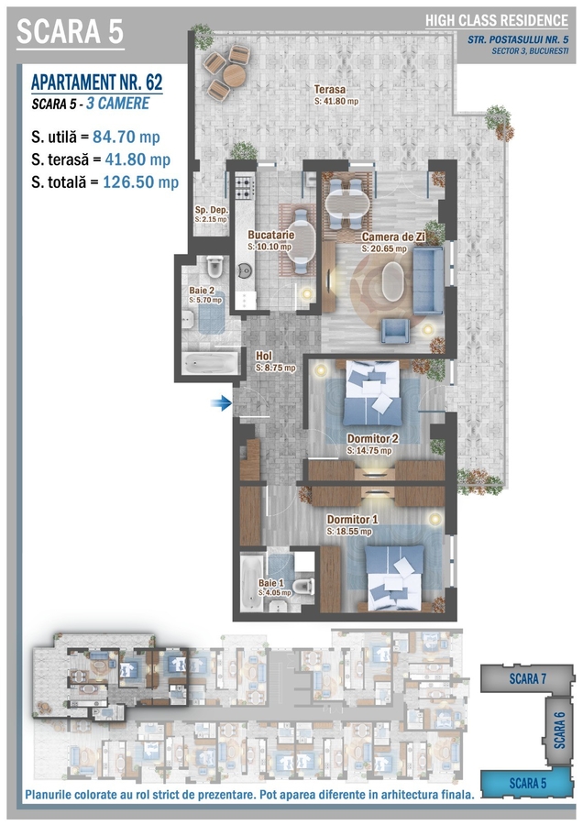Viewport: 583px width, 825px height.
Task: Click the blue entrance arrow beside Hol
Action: coord(221,403)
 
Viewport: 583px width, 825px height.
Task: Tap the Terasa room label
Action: coord(330,90)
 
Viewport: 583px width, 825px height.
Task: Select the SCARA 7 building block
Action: coord(527,678)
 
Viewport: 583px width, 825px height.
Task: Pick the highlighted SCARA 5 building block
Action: coord(527,783)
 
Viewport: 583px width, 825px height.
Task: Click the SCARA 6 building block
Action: coord(559,731)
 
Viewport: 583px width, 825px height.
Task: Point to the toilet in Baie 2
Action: coord(214,267)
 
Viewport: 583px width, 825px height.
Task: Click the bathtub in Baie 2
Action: coord(209,363)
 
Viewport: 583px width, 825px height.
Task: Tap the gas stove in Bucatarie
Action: coord(244,187)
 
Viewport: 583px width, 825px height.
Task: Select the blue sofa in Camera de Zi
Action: coord(428,280)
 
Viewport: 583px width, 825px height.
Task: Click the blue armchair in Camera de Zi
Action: coord(395,331)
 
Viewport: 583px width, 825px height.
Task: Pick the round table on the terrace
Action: coord(234,76)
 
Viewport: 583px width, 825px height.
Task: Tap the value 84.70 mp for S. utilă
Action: coord(126,137)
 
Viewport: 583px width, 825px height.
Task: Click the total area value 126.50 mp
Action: coord(141,182)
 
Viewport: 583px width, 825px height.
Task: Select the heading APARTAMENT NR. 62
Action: coord(97,82)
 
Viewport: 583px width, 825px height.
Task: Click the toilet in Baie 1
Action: coord(302,586)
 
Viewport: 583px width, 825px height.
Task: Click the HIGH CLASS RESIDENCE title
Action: coord(497,20)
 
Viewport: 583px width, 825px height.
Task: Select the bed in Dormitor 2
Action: coord(372,393)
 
